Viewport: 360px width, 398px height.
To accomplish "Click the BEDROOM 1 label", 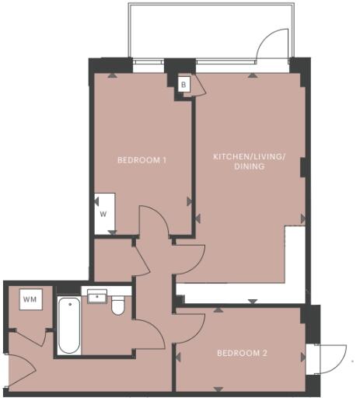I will pos(142,160).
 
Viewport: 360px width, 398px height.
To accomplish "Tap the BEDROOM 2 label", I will pos(242,353).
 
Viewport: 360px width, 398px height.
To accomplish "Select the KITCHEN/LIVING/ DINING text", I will pos(250,161).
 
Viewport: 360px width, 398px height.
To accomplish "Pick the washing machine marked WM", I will pos(30,299).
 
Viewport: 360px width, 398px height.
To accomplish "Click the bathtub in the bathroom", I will pos(69,325).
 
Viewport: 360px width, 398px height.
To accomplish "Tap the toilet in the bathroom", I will pos(118,305).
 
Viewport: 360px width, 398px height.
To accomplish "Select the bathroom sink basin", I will pos(97,296).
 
